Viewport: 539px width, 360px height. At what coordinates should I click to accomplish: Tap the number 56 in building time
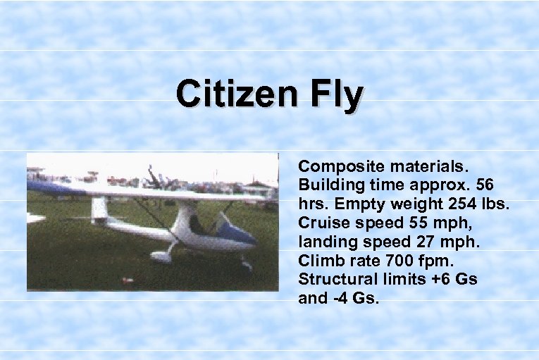484,185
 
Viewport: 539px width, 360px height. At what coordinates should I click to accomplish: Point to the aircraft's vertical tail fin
99,209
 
